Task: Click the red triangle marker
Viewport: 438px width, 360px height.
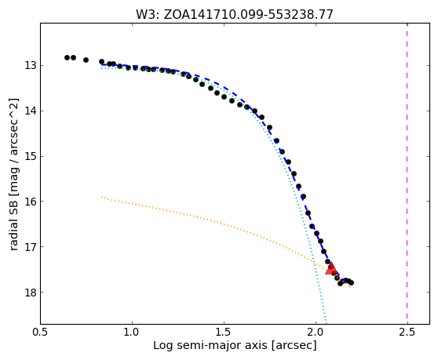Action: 331,268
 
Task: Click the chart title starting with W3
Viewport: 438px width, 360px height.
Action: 235,15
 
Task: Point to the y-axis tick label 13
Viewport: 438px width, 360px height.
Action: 31,66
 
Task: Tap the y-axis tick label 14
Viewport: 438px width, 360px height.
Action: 31,111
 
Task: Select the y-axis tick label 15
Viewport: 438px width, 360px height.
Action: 31,156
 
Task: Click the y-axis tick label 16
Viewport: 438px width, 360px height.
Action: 31,202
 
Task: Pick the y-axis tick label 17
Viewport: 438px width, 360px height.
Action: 31,247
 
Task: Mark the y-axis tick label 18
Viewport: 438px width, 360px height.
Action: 31,293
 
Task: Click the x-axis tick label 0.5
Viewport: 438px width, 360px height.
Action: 40,332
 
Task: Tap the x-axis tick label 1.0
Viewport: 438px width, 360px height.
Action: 132,332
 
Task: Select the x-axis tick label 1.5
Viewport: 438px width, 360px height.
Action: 224,332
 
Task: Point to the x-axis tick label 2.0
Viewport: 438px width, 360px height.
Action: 316,332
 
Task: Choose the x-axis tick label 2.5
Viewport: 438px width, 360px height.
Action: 407,332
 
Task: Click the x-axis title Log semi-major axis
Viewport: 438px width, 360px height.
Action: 235,345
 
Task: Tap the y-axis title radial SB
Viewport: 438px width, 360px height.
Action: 14,174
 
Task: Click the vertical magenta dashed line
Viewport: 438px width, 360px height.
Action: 407,173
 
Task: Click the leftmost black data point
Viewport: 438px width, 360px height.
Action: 67,57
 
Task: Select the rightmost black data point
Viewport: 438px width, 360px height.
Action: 351,282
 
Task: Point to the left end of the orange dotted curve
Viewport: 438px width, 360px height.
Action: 102,197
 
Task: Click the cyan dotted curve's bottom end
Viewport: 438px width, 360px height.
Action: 326,323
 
